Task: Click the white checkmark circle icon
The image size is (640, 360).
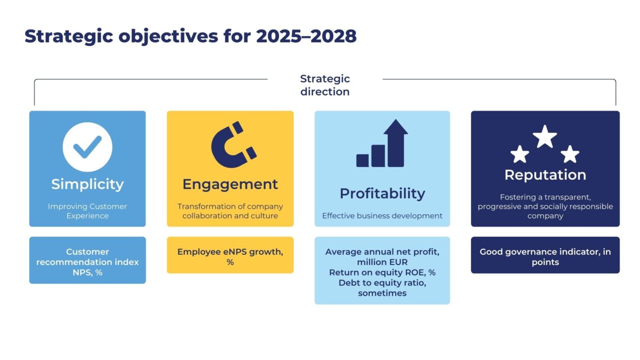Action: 87,147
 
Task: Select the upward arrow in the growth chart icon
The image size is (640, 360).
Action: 396,142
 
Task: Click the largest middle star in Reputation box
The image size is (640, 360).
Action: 545,137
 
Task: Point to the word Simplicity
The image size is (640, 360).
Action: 87,184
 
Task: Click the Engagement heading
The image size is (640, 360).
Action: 230,184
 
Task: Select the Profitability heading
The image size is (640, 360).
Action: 382,193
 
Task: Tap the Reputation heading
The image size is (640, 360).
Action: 545,175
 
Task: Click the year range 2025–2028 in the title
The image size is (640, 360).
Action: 306,37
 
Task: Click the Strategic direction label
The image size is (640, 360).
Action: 325,85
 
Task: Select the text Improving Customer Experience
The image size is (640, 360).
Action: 87,211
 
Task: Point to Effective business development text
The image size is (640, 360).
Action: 382,216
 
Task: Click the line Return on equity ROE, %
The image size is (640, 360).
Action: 382,273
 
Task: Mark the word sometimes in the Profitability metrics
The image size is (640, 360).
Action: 382,293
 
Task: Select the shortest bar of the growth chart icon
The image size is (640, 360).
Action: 363,160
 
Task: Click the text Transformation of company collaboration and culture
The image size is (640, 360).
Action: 230,211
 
